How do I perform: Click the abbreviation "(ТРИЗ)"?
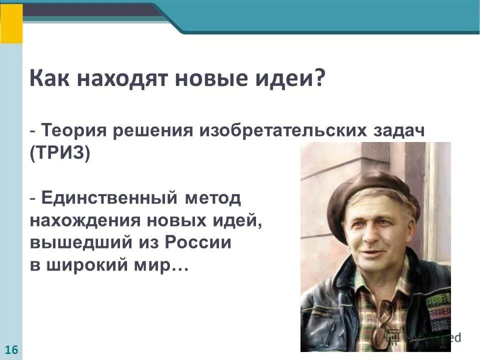pos(60,153)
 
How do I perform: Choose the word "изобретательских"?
pos(284,131)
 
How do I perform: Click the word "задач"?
pos(400,131)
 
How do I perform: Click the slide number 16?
pos(11,350)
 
